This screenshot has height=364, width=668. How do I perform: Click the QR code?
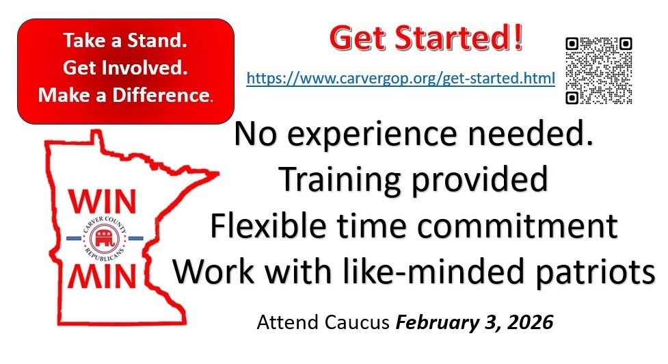(x=598, y=70)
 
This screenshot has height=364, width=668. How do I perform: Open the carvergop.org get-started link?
(x=401, y=79)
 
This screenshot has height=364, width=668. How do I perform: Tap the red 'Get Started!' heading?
(x=426, y=38)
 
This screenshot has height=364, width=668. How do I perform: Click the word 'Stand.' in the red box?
(x=157, y=40)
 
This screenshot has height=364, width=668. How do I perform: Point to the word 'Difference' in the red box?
(x=162, y=94)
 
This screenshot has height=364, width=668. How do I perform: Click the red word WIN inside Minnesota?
(x=103, y=201)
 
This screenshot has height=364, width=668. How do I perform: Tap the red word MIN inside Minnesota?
(x=103, y=276)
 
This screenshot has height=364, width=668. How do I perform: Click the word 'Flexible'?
(x=265, y=225)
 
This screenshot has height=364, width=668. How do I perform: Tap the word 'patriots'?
(x=595, y=272)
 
